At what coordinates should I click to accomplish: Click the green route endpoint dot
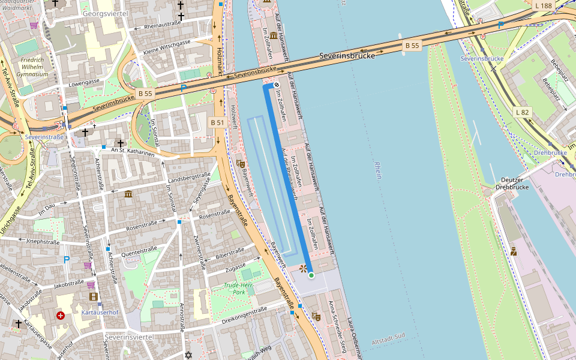311,275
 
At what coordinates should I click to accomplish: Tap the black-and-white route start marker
277,85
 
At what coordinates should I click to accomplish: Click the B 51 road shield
217,122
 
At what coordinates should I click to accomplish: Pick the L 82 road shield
523,112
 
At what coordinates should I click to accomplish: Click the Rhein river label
377,170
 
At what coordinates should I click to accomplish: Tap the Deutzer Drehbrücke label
512,183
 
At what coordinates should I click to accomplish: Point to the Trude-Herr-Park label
239,289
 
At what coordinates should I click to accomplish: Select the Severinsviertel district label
130,338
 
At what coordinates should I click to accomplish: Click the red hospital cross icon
61,315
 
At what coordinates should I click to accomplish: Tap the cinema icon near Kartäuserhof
93,296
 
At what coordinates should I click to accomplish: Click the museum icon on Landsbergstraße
129,194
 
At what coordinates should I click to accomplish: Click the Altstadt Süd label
389,341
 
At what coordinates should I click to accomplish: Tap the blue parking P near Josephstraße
67,260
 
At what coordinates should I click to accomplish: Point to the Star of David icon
188,355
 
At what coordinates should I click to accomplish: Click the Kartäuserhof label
99,313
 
